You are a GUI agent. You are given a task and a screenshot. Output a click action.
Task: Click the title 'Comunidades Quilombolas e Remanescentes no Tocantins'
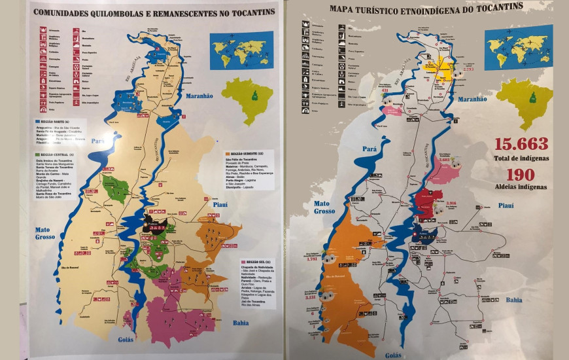pyautogui.click(x=154, y=12)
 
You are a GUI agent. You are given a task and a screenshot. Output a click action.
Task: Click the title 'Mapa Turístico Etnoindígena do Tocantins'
pyautogui.click(x=426, y=7)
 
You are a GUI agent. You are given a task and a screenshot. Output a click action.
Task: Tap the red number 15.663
pyautogui.click(x=521, y=145)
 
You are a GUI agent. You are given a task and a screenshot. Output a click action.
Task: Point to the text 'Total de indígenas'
pyautogui.click(x=521, y=158)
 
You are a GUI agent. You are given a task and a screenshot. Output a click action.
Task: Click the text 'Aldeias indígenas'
pyautogui.click(x=521, y=187)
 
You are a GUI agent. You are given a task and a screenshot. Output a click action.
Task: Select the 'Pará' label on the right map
pyautogui.click(x=370, y=149)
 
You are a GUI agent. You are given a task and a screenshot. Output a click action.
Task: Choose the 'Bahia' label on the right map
pyautogui.click(x=513, y=300)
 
